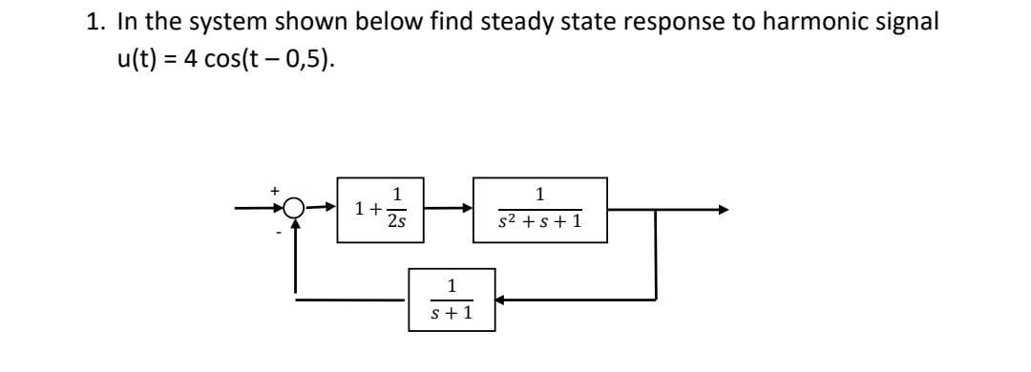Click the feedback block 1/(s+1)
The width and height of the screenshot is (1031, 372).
point(452,299)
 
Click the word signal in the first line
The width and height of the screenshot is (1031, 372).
point(894,22)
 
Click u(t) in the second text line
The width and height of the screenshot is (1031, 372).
point(137,59)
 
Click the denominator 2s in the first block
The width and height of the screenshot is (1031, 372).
point(396,222)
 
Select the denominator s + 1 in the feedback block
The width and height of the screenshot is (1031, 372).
point(452,312)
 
